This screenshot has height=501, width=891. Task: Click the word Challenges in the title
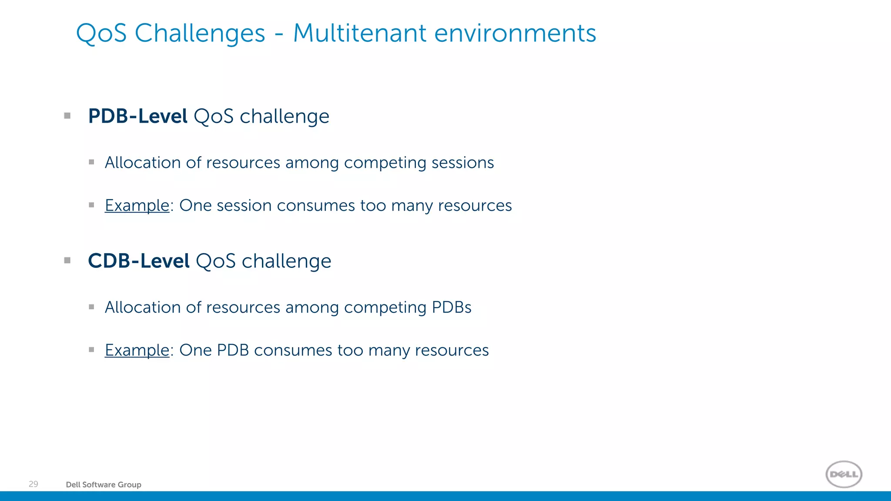[200, 34]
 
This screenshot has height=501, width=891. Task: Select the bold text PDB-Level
[137, 116]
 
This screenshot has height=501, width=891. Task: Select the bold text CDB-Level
[138, 261]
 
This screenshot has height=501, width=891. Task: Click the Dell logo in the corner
[844, 474]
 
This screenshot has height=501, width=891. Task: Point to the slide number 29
[33, 484]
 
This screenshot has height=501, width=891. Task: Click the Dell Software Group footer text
[104, 484]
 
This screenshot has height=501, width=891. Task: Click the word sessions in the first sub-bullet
[462, 163]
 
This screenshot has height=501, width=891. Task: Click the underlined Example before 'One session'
[137, 206]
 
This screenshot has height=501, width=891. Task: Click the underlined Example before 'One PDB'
[137, 351]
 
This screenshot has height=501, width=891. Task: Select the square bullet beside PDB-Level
[67, 116]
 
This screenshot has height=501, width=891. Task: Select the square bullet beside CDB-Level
[67, 261]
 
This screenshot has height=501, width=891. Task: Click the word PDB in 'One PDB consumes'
[233, 351]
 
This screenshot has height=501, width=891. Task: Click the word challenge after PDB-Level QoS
[284, 117]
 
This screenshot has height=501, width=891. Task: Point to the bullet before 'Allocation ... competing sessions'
[91, 162]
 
